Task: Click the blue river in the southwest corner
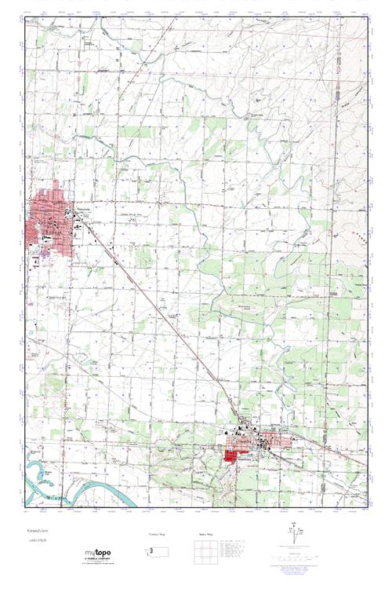click(x=55, y=475)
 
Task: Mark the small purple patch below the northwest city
click(x=45, y=254)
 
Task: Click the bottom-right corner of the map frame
click(x=368, y=507)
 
